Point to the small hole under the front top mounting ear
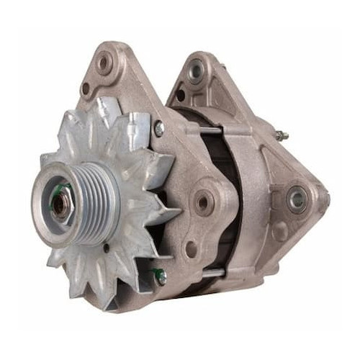(x=86, y=89)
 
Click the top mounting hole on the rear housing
(x=195, y=71)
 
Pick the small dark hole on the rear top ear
(x=180, y=94)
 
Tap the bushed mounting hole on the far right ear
(x=297, y=199)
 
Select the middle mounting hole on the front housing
(x=204, y=203)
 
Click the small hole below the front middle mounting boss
(x=191, y=248)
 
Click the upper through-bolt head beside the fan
(x=158, y=128)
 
